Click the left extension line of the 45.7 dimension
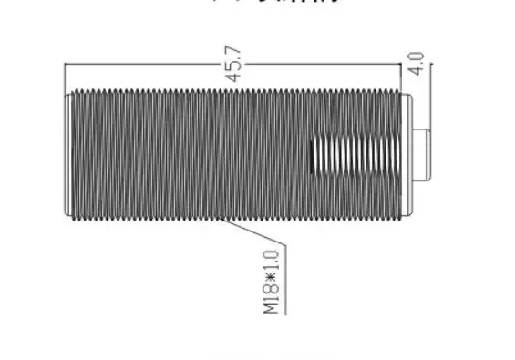(x=65, y=77)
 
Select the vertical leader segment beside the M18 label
(x=285, y=278)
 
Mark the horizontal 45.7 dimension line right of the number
(x=319, y=64)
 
